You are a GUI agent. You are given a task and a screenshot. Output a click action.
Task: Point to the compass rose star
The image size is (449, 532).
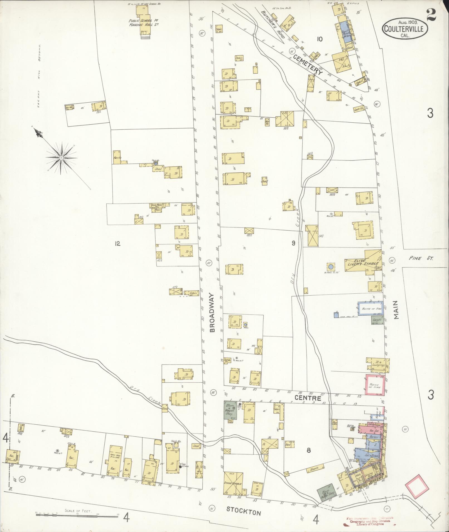61,158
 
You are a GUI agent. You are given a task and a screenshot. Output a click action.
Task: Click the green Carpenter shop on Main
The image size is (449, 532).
378,321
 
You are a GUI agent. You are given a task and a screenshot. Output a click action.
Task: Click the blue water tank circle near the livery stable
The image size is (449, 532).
331,267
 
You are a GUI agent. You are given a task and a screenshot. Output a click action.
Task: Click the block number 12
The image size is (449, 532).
117,244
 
